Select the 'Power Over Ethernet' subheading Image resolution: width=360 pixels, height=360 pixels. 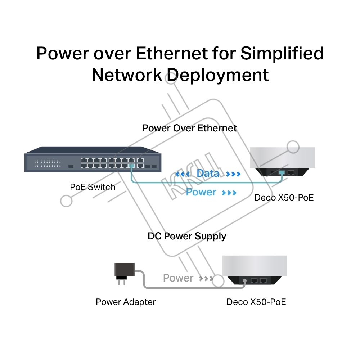tap(190, 129)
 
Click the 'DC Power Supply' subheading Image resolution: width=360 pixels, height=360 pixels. tap(187, 237)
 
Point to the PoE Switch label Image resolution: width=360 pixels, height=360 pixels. tap(93, 187)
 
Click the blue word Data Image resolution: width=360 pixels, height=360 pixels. tap(208, 174)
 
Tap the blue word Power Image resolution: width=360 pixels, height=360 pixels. tap(201, 192)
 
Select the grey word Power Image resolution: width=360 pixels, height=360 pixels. tap(178, 278)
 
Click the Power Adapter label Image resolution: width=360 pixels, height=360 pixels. tap(126, 302)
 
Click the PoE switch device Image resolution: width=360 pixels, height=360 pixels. tap(93, 160)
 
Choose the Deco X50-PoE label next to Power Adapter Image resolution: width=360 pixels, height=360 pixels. tap(256, 302)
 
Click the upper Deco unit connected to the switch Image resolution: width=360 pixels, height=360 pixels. tap(282, 161)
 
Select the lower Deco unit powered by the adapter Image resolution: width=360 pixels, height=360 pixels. tap(255, 270)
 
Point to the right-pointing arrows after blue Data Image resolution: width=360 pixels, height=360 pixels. tap(233, 174)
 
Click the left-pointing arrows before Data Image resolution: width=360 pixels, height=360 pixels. tap(183, 174)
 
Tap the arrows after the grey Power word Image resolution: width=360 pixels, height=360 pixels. tap(206, 278)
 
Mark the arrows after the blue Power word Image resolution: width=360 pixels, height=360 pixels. tap(229, 193)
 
